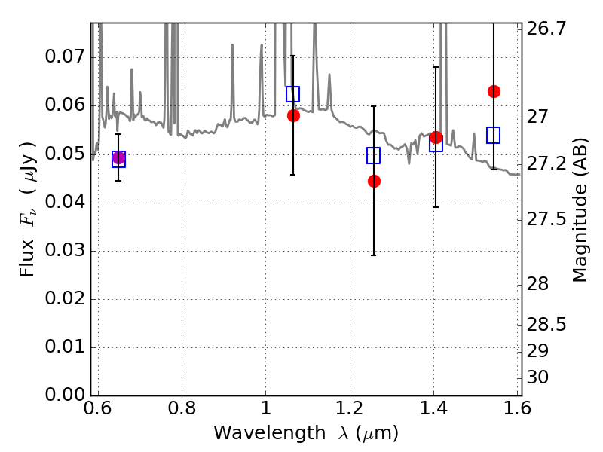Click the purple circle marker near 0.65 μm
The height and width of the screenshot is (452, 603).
[118, 157]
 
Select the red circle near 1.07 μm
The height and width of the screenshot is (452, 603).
[293, 115]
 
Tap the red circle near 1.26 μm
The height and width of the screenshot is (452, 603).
[374, 181]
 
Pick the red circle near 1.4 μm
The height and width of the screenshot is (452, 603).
[436, 137]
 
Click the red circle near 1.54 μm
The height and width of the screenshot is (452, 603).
[494, 91]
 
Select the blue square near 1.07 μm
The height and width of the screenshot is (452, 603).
[292, 94]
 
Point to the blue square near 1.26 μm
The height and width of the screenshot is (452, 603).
[373, 156]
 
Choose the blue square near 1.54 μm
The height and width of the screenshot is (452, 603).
[493, 136]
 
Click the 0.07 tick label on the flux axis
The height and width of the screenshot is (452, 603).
[65, 57]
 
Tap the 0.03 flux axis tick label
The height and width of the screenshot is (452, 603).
[65, 250]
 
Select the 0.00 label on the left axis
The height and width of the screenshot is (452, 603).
[65, 395]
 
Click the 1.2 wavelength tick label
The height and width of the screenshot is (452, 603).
[350, 408]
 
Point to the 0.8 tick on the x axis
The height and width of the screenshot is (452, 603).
[182, 408]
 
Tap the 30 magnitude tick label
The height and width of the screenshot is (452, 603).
[537, 377]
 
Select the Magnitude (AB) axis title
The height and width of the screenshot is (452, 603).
[580, 210]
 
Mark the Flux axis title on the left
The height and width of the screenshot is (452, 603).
[28, 209]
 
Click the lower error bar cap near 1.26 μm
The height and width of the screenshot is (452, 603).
[373, 255]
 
